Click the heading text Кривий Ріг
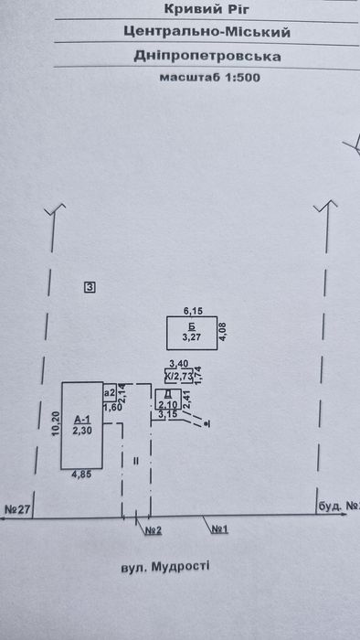[206, 8]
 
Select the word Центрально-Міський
[207, 32]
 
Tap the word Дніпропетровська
[207, 57]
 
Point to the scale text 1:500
[240, 78]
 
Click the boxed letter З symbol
[90, 288]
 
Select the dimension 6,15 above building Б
[194, 312]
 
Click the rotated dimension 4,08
[223, 331]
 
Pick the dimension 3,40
[178, 363]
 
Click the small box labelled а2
[110, 393]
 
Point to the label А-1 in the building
[82, 419]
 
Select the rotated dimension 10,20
[56, 424]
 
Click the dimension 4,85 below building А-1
[81, 475]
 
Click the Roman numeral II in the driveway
[136, 461]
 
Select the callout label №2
[154, 530]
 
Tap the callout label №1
[219, 529]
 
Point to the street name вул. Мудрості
[165, 567]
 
